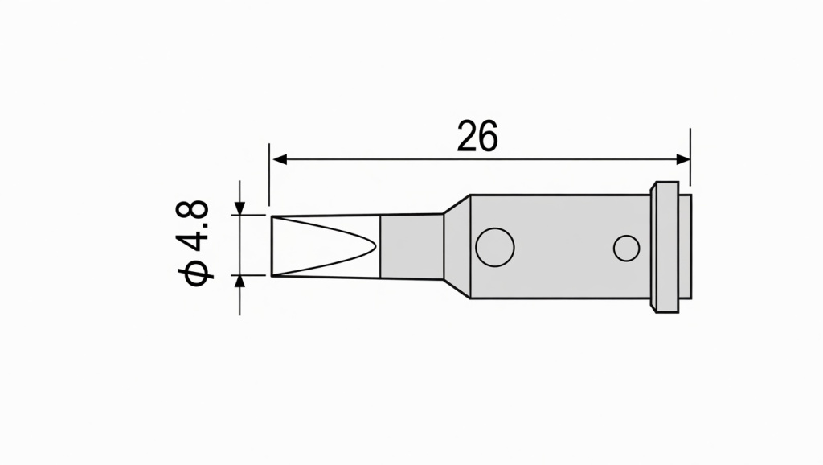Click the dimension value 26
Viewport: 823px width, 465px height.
click(x=477, y=137)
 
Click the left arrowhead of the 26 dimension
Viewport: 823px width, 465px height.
click(x=278, y=159)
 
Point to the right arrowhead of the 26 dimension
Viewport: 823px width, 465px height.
click(x=683, y=159)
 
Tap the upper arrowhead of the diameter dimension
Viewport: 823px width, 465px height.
click(x=240, y=209)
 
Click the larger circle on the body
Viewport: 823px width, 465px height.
click(x=495, y=247)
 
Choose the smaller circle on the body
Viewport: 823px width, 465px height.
click(x=626, y=248)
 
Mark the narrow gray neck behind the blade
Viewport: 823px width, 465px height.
click(x=411, y=246)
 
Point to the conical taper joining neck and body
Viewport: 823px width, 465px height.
click(x=456, y=246)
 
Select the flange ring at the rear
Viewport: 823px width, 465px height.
click(x=665, y=246)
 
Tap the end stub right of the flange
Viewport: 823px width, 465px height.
click(x=684, y=246)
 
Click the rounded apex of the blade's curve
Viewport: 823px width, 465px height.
click(x=375, y=246)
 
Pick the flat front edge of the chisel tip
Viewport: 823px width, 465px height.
click(x=272, y=246)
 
